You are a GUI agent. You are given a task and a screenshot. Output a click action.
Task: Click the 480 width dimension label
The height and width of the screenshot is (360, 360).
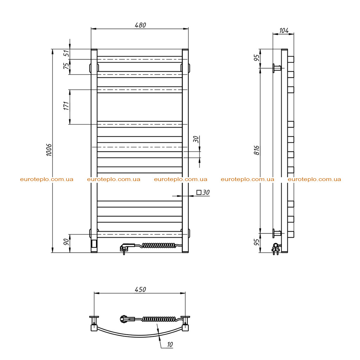click(140, 25)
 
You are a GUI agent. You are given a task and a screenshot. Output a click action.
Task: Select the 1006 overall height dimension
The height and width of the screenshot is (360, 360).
click(49, 150)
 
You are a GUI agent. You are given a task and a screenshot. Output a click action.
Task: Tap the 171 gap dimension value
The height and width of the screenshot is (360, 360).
click(66, 106)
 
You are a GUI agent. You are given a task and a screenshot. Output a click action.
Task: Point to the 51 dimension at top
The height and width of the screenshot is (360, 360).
click(66, 53)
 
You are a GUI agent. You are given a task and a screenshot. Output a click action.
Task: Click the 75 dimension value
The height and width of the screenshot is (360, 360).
click(66, 66)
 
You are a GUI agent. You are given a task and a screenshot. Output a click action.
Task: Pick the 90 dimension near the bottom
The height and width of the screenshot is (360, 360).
click(66, 242)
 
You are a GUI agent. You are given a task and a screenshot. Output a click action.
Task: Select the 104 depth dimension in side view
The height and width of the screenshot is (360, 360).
click(284, 30)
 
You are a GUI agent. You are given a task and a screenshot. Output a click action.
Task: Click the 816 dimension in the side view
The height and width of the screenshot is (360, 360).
click(257, 150)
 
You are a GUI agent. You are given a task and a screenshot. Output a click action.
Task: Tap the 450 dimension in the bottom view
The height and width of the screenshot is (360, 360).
click(140, 289)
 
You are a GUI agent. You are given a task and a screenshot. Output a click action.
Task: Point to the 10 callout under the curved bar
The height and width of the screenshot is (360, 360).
click(170, 345)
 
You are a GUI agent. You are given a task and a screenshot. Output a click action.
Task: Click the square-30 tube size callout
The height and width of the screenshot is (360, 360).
click(203, 192)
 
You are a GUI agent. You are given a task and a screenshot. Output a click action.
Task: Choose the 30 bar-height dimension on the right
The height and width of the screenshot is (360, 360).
click(196, 139)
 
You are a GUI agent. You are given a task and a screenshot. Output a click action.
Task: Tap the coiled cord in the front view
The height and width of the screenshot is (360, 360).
click(159, 245)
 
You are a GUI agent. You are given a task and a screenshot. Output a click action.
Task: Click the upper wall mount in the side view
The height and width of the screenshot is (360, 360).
click(277, 68)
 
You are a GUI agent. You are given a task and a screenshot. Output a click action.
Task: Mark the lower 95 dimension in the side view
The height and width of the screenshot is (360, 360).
click(257, 242)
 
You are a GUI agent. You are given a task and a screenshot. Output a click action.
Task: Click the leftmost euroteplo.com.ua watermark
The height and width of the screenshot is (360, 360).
click(47, 179)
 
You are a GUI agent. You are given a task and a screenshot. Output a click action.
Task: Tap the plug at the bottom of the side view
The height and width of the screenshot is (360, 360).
click(276, 249)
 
